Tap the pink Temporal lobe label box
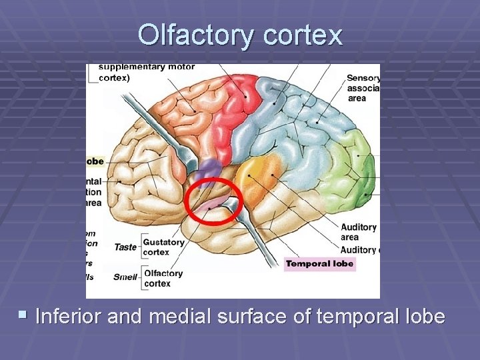click(319, 264)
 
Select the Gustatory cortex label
click(163, 247)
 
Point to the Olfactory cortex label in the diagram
click(163, 278)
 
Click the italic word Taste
click(125, 247)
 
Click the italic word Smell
click(126, 276)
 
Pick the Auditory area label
click(358, 232)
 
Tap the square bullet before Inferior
click(25, 314)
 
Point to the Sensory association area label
click(363, 88)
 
